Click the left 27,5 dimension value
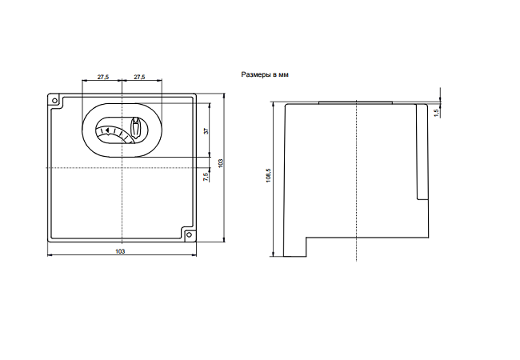pyautogui.click(x=103, y=77)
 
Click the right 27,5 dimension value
pyautogui.click(x=139, y=77)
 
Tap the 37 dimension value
pyautogui.click(x=206, y=130)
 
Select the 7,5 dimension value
pyautogui.click(x=206, y=177)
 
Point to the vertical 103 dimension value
pyautogui.click(x=221, y=163)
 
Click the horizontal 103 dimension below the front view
pyautogui.click(x=120, y=251)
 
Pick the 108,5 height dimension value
pyautogui.click(x=268, y=175)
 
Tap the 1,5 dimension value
pyautogui.click(x=437, y=113)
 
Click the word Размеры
pyautogui.click(x=256, y=74)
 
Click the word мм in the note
pyautogui.click(x=283, y=75)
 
